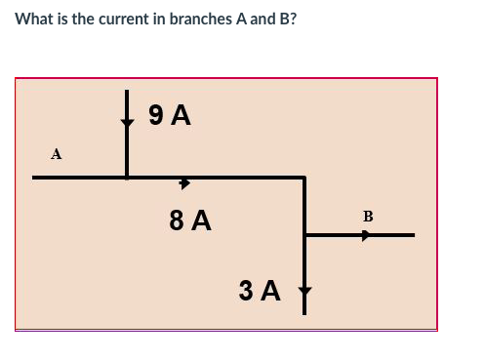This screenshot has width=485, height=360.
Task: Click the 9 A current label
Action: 169,116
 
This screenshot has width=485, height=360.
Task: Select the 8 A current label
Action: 190,220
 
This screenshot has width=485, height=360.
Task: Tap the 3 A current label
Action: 260,290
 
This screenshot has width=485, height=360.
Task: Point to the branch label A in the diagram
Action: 57,153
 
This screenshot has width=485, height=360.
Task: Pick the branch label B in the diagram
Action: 368,215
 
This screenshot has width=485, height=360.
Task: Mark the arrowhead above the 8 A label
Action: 183,182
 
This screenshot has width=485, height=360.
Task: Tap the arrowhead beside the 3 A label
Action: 305,291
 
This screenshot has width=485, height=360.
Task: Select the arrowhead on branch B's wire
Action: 366,235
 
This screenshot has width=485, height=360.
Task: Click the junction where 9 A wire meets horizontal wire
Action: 127,178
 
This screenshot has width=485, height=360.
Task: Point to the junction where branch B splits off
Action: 305,235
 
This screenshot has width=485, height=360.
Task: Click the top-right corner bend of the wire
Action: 305,178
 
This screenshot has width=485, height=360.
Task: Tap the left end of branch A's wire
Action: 34,178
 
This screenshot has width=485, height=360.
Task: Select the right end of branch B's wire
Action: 413,235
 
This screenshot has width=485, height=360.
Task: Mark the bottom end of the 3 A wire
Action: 305,314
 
